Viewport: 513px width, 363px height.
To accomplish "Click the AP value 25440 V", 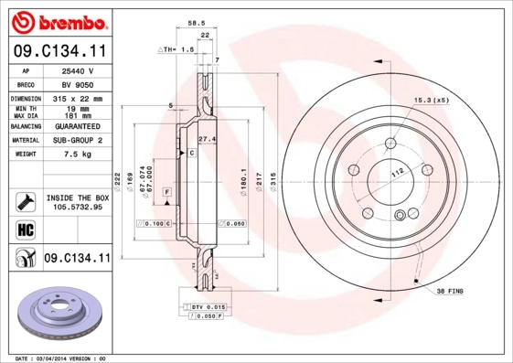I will [78, 70].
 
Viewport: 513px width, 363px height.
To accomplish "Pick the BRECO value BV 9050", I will [77, 83].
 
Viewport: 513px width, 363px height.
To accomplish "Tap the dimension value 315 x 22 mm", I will [77, 97].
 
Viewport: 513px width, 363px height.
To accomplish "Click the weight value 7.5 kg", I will [77, 155].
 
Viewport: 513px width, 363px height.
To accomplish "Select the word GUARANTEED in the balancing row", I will [77, 125].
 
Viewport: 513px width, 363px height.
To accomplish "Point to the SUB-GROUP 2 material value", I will [77, 141].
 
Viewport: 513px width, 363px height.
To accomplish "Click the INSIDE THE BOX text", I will [77, 198].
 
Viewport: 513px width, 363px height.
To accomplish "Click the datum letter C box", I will [192, 154].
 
